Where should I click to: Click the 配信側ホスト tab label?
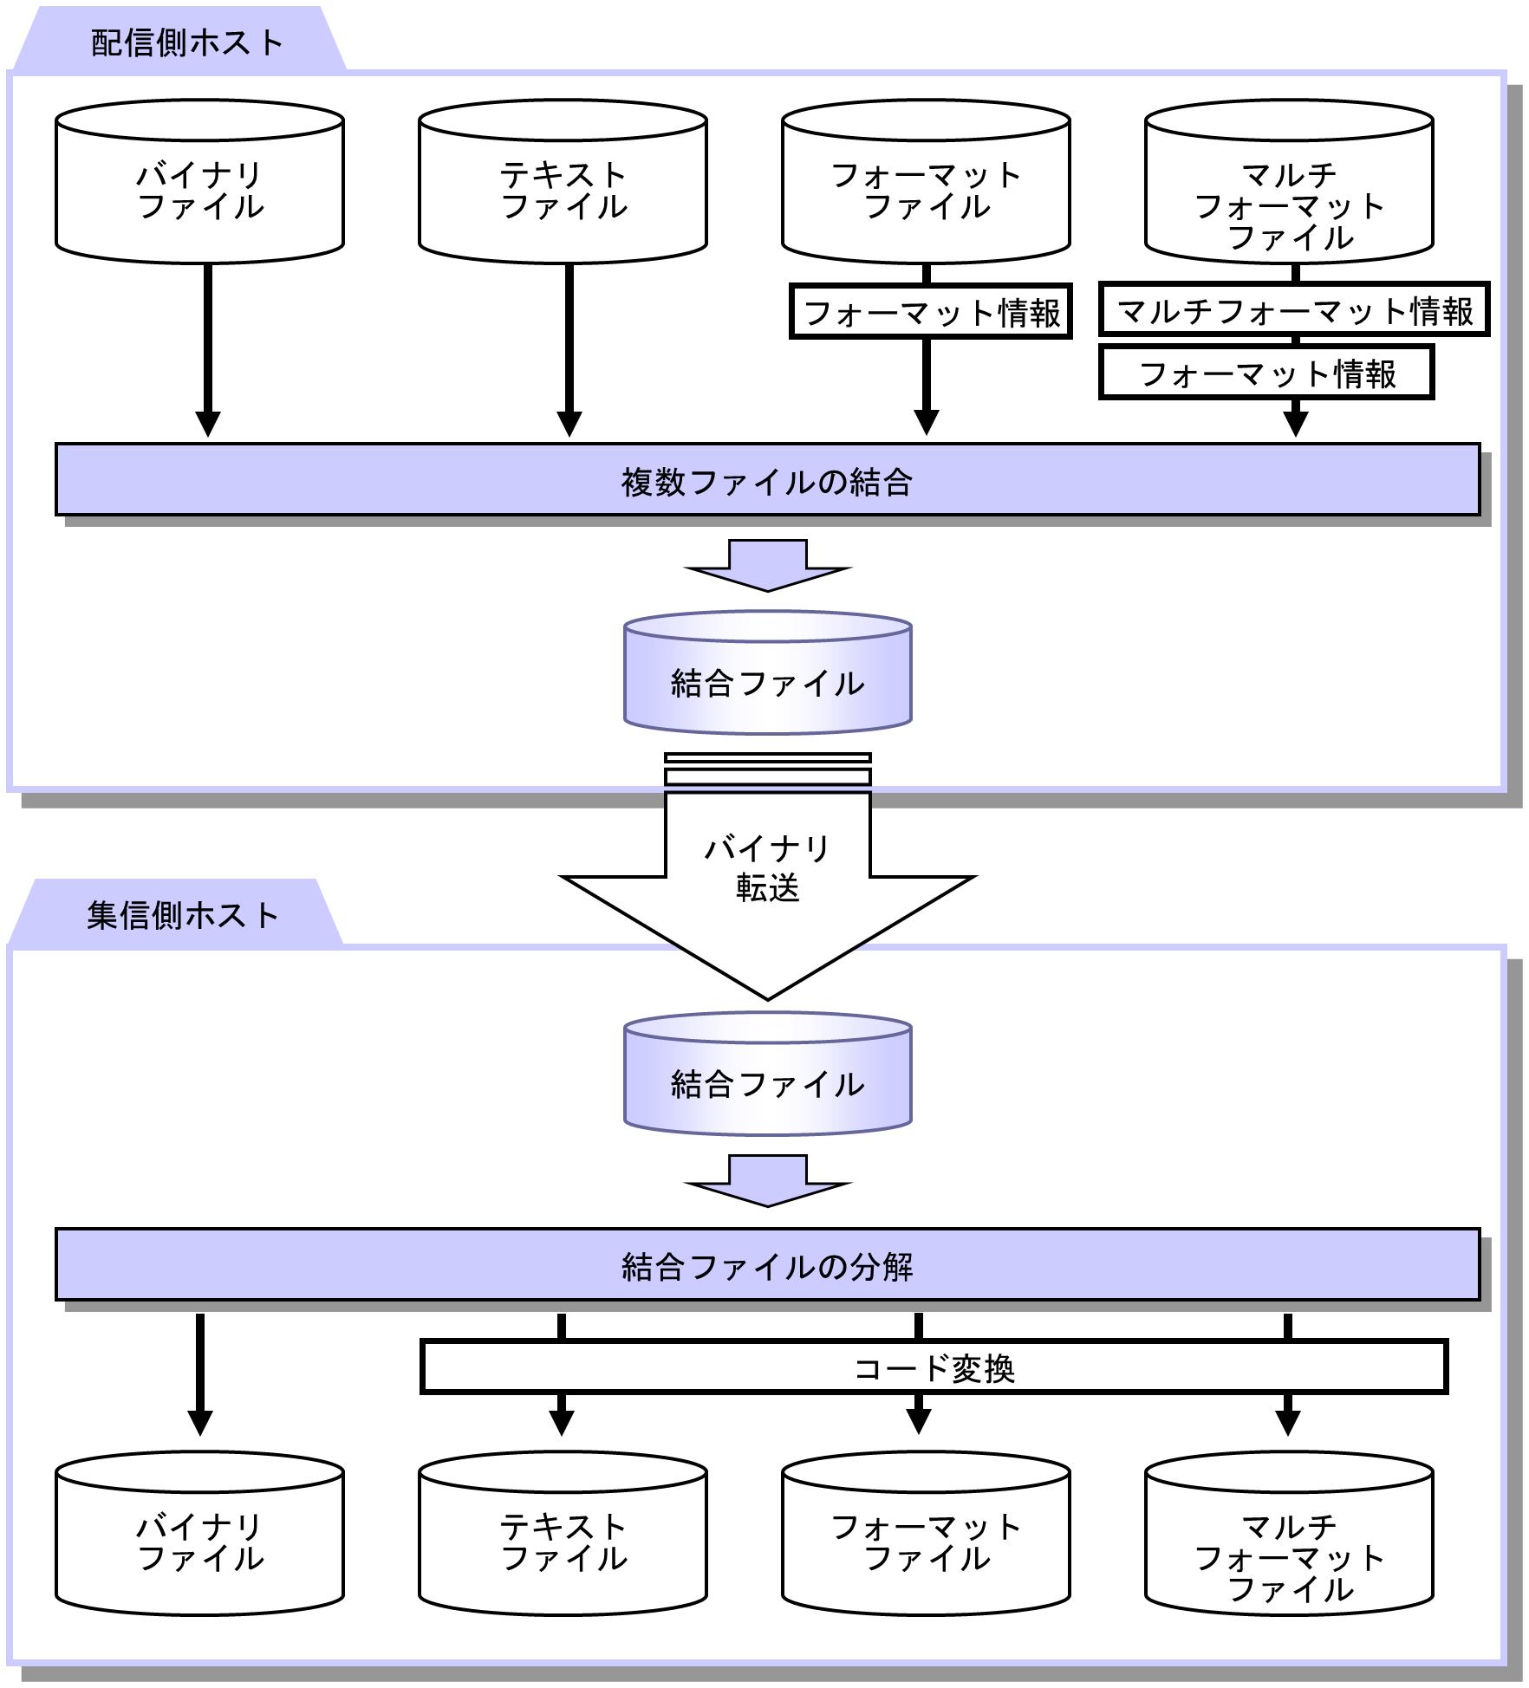point(187,42)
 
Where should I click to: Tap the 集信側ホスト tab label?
point(183,915)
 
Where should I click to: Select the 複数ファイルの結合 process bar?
point(767,480)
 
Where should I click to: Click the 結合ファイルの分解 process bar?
point(767,1265)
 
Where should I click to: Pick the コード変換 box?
point(934,1367)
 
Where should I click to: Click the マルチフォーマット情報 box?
point(1294,309)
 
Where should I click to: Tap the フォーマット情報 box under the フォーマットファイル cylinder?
point(931,311)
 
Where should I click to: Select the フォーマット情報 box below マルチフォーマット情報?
point(1266,373)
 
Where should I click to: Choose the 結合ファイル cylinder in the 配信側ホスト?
point(768,673)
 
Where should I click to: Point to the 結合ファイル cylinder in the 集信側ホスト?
point(768,1074)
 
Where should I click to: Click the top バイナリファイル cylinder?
point(199,182)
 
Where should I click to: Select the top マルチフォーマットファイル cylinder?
point(1289,182)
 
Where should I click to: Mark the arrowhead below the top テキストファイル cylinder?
point(569,424)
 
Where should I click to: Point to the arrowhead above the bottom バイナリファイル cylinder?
point(200,1423)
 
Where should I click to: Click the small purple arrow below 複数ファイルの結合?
point(768,565)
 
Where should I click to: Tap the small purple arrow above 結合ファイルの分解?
point(768,1180)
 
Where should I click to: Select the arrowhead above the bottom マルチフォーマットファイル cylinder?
point(1288,1423)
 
